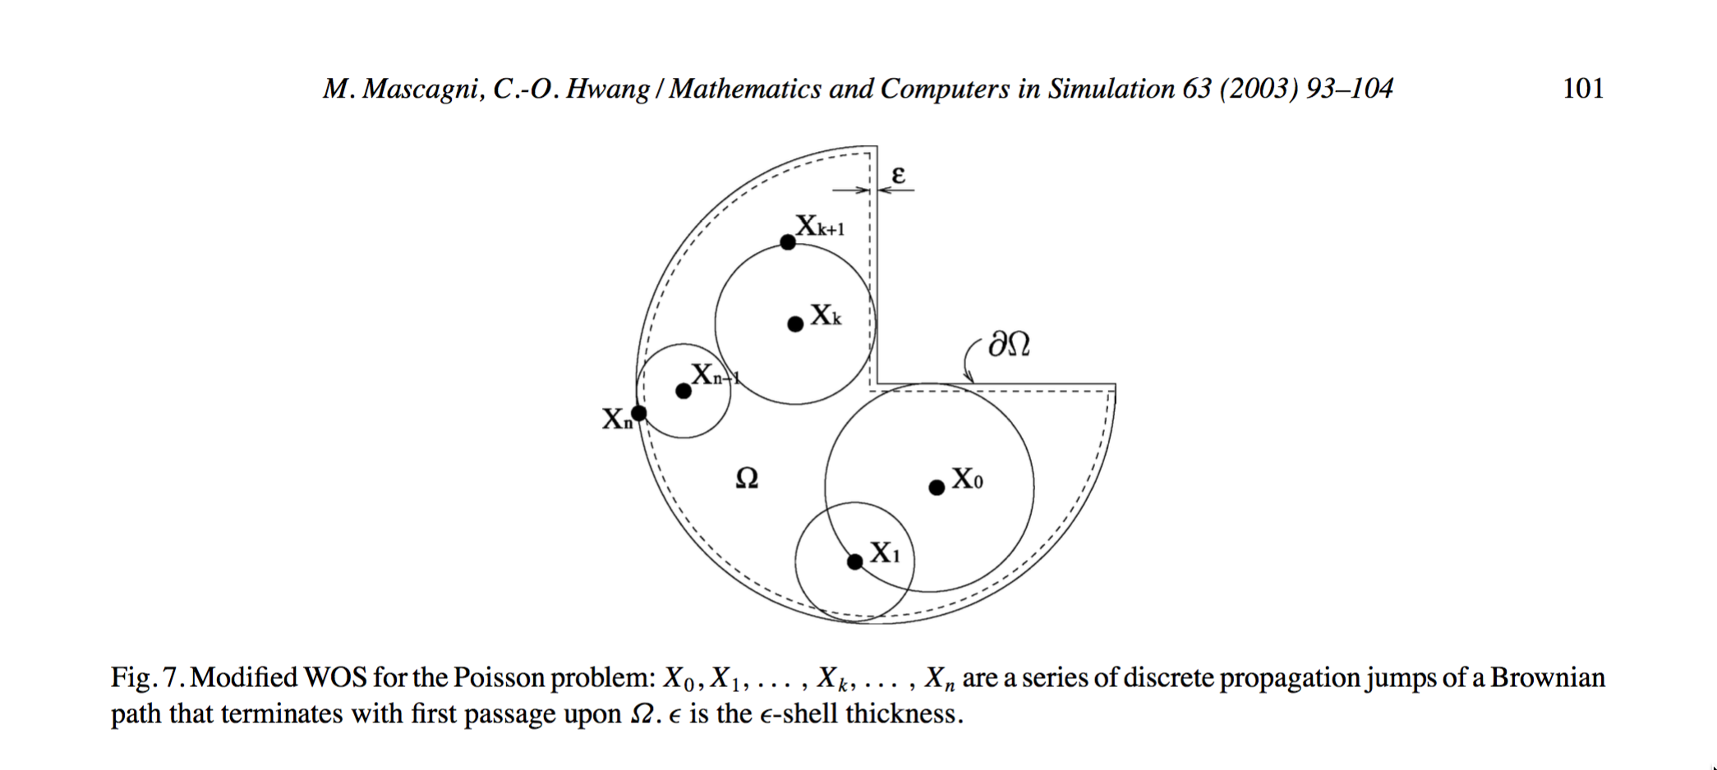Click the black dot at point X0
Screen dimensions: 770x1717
(937, 488)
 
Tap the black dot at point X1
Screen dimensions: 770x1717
(855, 561)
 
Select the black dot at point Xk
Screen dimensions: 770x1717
(795, 324)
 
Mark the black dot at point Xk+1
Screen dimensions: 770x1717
(788, 242)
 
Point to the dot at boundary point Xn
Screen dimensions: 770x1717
(638, 413)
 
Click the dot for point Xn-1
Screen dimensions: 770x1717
(684, 391)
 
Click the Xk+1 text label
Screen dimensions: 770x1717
(820, 226)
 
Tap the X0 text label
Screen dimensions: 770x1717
(967, 479)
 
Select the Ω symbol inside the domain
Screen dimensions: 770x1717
(747, 478)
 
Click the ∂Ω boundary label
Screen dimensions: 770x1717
(1010, 345)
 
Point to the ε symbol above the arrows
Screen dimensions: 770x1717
(898, 175)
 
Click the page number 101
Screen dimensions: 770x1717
(1583, 89)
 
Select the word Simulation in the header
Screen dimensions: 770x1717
(1109, 89)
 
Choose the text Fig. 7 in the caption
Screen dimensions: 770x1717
(145, 678)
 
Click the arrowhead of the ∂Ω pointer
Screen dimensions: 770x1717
(971, 379)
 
